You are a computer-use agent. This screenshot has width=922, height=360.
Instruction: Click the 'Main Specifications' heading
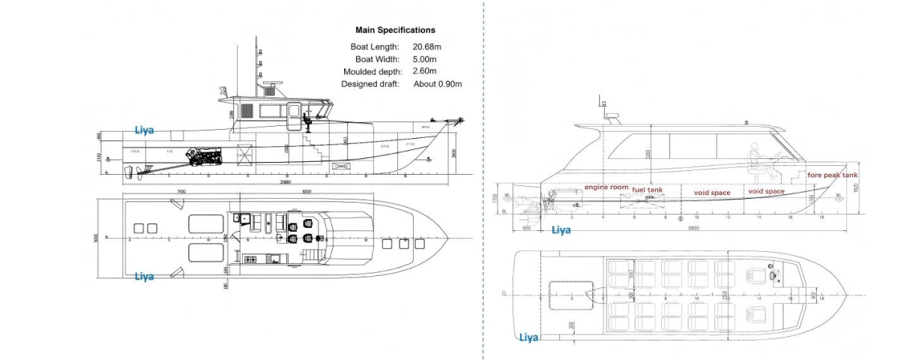coord(394,31)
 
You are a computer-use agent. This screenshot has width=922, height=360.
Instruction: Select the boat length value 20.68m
coord(427,46)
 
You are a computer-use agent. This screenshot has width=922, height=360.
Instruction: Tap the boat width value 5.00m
coord(425,58)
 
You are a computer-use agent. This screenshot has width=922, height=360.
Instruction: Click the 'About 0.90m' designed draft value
coord(438,84)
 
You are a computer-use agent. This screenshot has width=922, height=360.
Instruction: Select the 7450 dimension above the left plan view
coord(182,192)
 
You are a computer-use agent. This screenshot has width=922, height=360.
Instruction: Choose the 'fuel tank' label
coord(648,190)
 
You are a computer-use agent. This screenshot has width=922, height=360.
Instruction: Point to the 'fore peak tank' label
coord(832,175)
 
